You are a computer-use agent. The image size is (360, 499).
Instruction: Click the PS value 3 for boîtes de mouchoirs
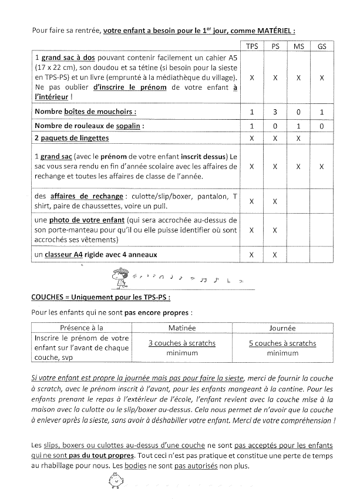tap(275, 112)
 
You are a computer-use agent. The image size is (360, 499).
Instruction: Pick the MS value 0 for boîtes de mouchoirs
tap(298, 112)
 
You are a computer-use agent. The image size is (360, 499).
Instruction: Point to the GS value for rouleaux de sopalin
tap(322, 126)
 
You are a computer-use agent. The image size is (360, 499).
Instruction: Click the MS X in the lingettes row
tap(298, 139)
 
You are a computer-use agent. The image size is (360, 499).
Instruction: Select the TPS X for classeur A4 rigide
tap(251, 255)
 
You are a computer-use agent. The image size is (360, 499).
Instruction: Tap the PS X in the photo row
tap(275, 230)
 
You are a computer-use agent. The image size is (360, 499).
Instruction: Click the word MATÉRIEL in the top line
tap(269, 30)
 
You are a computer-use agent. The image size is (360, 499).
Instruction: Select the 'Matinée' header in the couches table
tap(182, 328)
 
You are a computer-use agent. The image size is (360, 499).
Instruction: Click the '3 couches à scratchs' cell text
tap(182, 343)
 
